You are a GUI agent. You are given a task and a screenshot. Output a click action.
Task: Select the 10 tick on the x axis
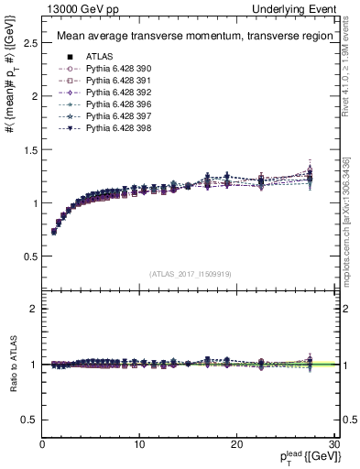pos(139,444)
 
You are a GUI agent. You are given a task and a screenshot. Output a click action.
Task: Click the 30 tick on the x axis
pos(333,444)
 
